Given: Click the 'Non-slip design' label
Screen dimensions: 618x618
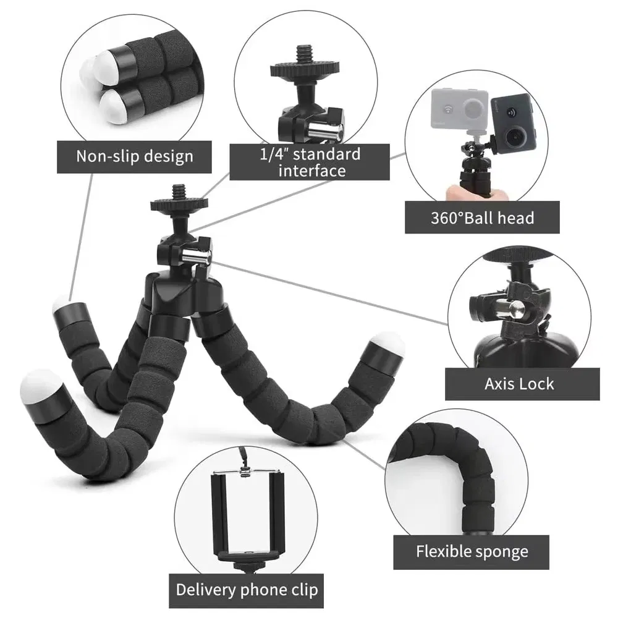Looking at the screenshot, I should [x=134, y=156].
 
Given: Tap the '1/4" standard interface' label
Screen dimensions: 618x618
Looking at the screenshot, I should [x=310, y=162].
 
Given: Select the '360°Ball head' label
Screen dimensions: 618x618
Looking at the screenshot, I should [x=482, y=218].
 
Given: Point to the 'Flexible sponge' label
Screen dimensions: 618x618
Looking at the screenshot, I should [x=472, y=551].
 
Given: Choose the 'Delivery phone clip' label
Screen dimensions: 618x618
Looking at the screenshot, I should [x=247, y=589].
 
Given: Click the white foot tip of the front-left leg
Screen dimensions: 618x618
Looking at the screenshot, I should [x=41, y=384].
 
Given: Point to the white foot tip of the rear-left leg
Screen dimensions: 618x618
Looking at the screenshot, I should [x=62, y=304].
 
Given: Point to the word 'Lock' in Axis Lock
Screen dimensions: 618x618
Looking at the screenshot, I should [x=536, y=384].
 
